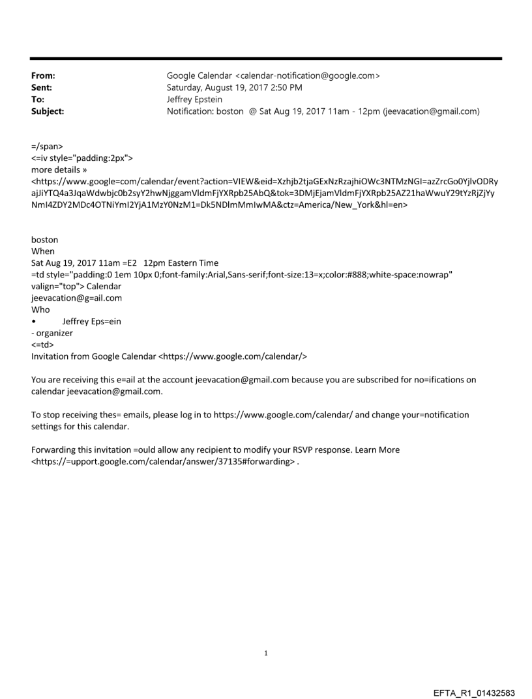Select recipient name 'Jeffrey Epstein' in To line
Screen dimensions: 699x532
tap(195, 100)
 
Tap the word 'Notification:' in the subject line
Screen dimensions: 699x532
tap(193, 111)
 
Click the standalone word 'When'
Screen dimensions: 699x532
tap(43, 251)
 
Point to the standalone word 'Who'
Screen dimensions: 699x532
tap(40, 310)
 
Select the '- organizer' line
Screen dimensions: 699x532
tap(52, 333)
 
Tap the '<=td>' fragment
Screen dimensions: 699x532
tap(42, 345)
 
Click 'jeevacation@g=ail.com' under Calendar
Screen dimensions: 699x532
tap(76, 298)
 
